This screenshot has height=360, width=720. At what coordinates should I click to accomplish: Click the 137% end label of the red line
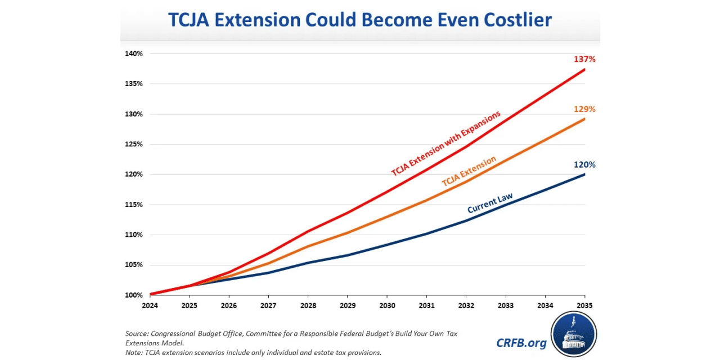point(584,59)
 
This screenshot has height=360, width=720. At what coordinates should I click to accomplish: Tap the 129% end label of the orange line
point(584,109)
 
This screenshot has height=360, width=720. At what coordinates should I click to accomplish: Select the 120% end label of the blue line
point(584,165)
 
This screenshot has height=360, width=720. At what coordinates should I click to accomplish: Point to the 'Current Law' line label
point(490,203)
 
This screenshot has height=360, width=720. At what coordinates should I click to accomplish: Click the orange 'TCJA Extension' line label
point(469,172)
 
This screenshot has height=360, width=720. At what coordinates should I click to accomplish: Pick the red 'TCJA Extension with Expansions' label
point(445,144)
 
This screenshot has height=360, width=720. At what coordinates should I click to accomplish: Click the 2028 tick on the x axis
point(308,305)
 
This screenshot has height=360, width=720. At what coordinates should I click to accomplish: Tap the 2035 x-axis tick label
point(584,305)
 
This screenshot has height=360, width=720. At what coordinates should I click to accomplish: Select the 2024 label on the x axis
point(150,305)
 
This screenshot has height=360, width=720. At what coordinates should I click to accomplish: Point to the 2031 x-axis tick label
point(426,305)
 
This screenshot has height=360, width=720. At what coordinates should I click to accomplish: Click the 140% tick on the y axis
point(134,54)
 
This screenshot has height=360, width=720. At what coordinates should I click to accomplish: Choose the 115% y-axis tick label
point(134,205)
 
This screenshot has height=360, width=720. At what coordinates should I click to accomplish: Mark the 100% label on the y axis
point(134,295)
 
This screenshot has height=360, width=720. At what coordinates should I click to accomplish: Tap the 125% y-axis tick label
point(134,145)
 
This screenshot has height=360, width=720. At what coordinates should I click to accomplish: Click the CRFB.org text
point(521,343)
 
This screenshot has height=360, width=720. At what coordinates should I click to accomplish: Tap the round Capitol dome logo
point(573,334)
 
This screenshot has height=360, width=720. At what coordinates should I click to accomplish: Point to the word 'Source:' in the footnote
point(137,334)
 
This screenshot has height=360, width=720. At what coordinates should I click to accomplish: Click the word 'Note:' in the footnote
point(134,353)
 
